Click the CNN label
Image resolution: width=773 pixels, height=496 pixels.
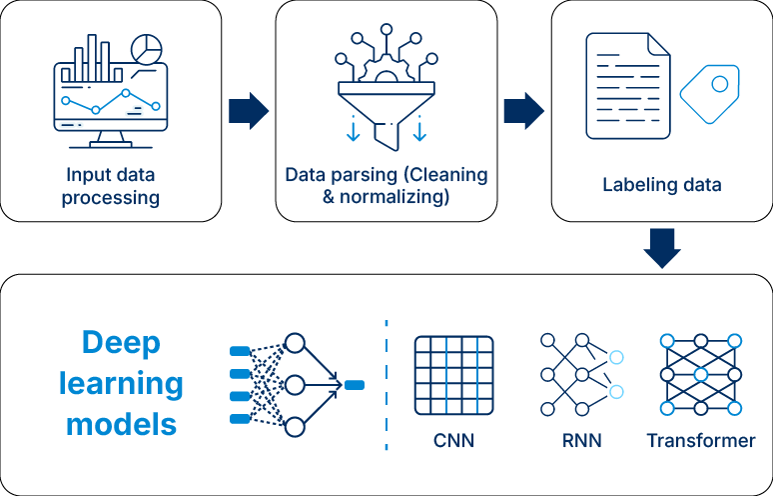pyautogui.click(x=453, y=440)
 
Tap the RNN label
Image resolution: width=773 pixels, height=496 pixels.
pyautogui.click(x=581, y=440)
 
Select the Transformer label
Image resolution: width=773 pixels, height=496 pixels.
pyautogui.click(x=701, y=440)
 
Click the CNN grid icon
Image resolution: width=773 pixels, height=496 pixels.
pyautogui.click(x=454, y=376)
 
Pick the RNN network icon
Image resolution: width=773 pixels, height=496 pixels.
pyautogui.click(x=580, y=375)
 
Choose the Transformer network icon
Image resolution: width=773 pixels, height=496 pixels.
pyautogui.click(x=701, y=375)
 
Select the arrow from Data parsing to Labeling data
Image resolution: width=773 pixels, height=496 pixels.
pyautogui.click(x=523, y=111)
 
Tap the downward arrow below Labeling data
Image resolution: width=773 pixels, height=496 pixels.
pyautogui.click(x=662, y=249)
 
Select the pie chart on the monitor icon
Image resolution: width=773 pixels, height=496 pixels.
pyautogui.click(x=148, y=48)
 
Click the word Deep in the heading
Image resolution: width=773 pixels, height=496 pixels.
pyautogui.click(x=120, y=343)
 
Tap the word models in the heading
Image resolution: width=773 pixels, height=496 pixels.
pyautogui.click(x=121, y=423)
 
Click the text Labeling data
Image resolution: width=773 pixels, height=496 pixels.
pyautogui.click(x=661, y=185)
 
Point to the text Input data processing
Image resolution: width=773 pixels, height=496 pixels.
pyautogui.click(x=110, y=185)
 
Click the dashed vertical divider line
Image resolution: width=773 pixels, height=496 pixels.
pyautogui.click(x=386, y=384)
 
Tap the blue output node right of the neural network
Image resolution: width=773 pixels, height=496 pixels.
pyautogui.click(x=355, y=384)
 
